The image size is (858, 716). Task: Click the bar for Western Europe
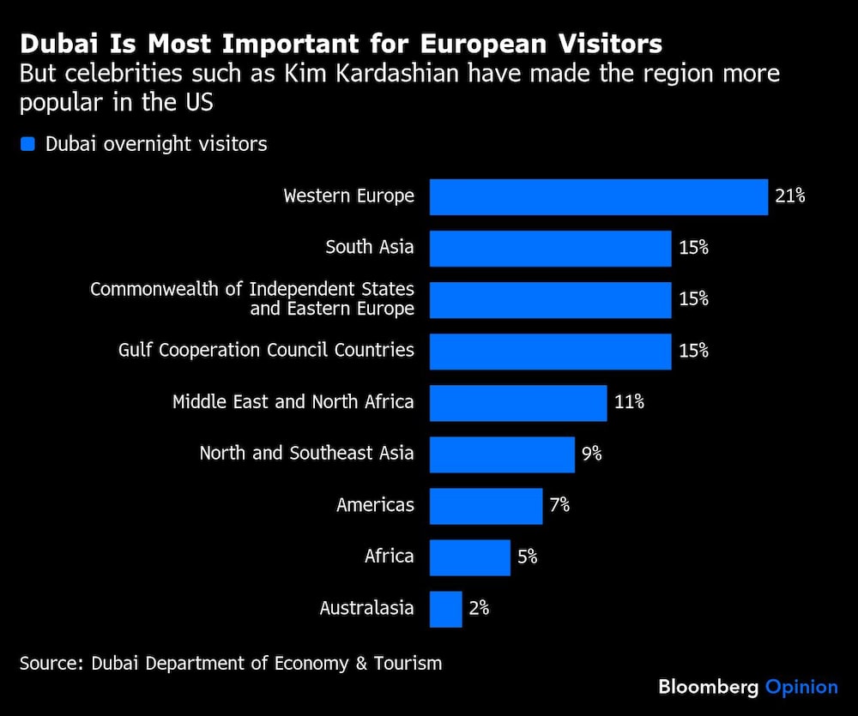(x=598, y=197)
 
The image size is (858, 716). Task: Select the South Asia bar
(x=550, y=249)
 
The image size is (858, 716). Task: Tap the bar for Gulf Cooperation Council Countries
(x=550, y=352)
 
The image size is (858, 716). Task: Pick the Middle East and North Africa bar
(x=518, y=403)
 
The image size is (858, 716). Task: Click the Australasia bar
(x=446, y=609)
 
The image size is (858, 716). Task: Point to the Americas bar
(x=486, y=506)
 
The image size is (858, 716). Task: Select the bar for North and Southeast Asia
(x=502, y=454)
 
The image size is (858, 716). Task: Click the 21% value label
(x=789, y=196)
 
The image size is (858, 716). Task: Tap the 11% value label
(x=629, y=401)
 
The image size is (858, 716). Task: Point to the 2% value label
(x=479, y=608)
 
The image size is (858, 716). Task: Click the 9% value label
(x=592, y=454)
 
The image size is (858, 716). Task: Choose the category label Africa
(x=389, y=557)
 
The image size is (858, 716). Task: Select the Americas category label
(x=375, y=505)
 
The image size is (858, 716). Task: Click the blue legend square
(x=27, y=144)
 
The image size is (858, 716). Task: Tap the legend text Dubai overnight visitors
(x=156, y=144)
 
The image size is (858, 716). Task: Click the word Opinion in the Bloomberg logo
(x=801, y=687)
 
